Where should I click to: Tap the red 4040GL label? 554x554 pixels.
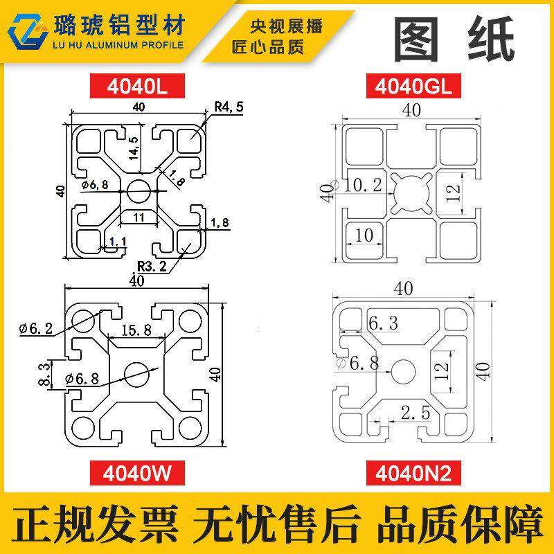click(x=411, y=87)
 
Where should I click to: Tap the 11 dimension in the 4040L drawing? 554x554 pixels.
click(x=138, y=217)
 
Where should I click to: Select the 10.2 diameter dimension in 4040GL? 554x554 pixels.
click(x=364, y=185)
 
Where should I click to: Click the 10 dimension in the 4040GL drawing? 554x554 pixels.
click(x=364, y=235)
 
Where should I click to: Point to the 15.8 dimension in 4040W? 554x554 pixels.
click(x=138, y=331)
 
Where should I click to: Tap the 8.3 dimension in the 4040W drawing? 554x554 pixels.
click(x=43, y=373)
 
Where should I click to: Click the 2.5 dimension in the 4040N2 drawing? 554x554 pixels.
click(x=415, y=413)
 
